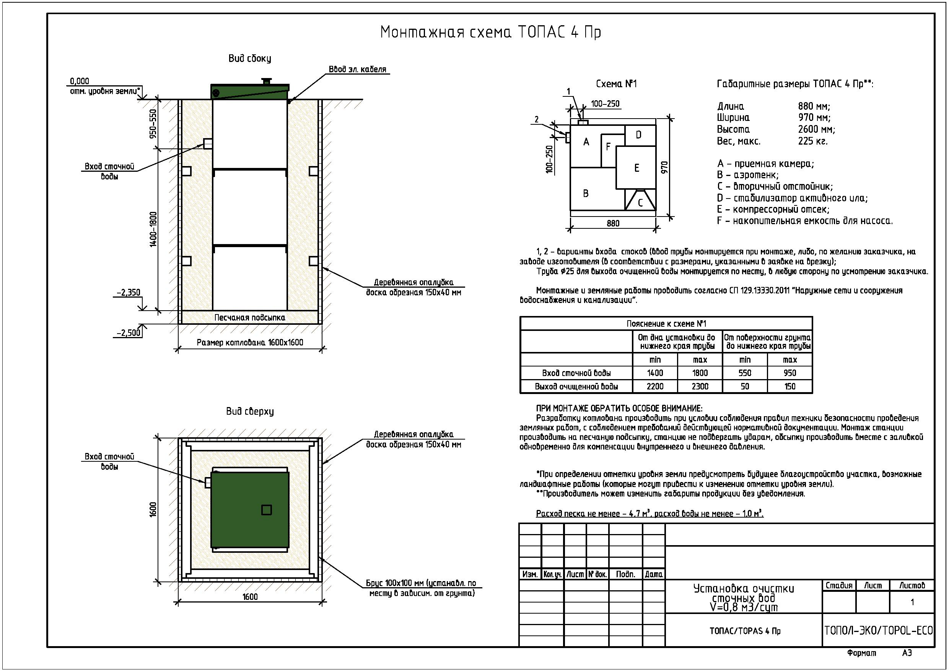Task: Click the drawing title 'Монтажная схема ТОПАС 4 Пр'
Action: [490, 32]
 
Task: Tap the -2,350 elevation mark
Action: [129, 293]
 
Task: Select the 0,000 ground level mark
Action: [79, 81]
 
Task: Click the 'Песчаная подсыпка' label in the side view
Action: [250, 318]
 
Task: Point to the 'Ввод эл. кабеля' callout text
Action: [358, 69]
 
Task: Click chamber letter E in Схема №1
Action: [636, 168]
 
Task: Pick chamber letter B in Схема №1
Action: [586, 194]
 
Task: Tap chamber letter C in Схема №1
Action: [640, 203]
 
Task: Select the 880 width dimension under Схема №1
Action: [613, 224]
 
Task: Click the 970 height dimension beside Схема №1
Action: [665, 168]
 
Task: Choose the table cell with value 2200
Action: [655, 386]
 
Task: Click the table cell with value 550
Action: [745, 373]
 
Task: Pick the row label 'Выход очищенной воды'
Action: [576, 386]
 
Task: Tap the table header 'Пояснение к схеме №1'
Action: [666, 324]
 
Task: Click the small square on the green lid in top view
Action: [267, 510]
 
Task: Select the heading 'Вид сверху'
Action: [250, 411]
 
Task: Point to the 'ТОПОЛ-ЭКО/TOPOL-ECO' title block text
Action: [878, 630]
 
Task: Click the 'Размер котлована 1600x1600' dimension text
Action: [250, 342]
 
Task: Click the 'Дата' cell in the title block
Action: [653, 574]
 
